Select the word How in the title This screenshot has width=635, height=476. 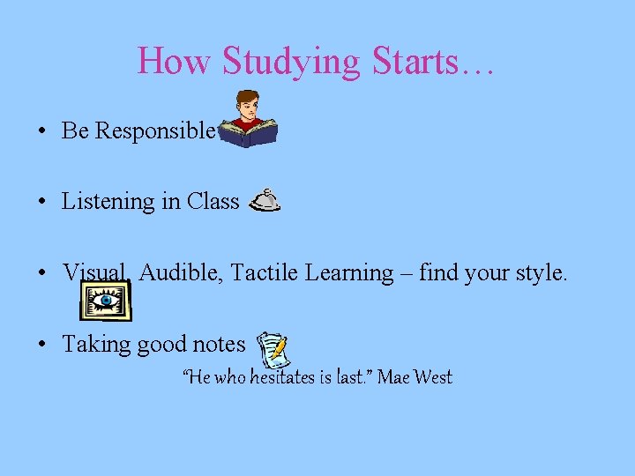(x=176, y=61)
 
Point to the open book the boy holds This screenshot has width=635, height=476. (x=249, y=133)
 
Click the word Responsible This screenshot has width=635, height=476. (x=153, y=130)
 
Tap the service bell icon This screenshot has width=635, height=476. (x=265, y=202)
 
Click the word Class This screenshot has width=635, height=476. (x=213, y=201)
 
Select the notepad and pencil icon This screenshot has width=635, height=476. (x=273, y=350)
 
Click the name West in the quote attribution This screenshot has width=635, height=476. (x=432, y=377)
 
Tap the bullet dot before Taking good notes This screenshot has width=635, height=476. (x=42, y=345)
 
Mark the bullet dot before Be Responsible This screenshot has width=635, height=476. (x=42, y=131)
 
